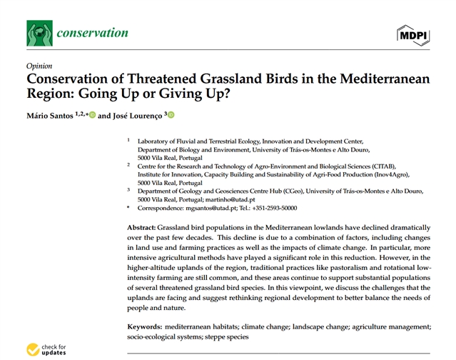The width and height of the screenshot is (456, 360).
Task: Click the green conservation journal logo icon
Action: pos(39,33)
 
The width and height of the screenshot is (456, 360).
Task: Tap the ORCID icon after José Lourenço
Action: pos(171,114)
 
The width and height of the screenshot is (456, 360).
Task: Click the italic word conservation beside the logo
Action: pos(93,33)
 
